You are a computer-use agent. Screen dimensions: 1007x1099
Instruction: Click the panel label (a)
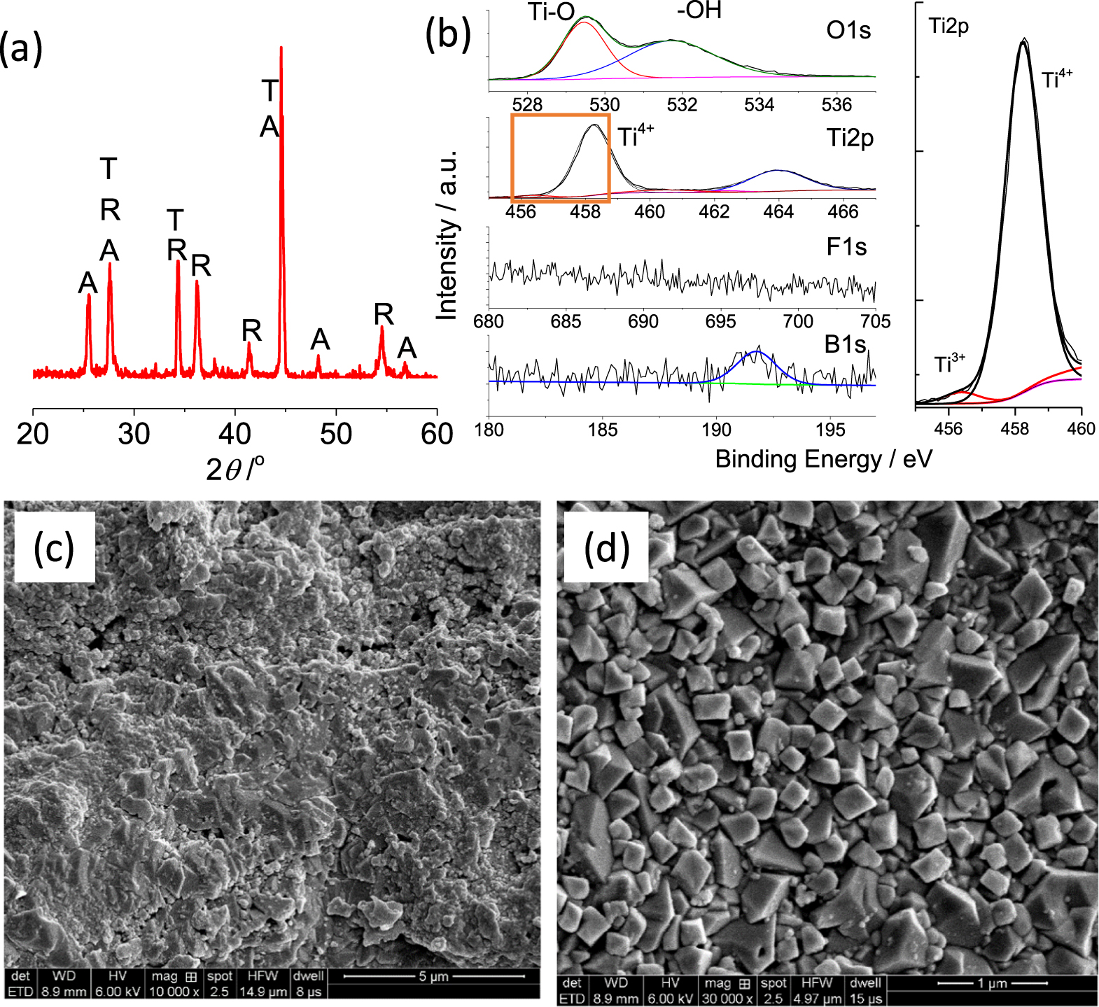[x=21, y=49]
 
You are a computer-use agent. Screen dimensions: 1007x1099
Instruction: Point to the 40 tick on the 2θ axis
[x=234, y=435]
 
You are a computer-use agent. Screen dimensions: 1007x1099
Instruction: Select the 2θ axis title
[x=235, y=468]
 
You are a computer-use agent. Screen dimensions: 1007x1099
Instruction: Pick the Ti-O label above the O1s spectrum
[x=552, y=12]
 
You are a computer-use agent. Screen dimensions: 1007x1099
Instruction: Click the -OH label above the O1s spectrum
[x=699, y=10]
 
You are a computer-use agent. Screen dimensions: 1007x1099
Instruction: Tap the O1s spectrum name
[x=848, y=30]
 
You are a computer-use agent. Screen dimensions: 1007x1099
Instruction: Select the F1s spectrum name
[x=846, y=247]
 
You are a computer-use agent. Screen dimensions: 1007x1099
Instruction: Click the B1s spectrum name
[x=846, y=344]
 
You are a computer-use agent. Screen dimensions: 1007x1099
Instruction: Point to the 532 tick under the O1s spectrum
[x=682, y=105]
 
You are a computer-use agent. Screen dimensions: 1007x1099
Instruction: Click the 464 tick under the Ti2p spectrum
[x=778, y=211]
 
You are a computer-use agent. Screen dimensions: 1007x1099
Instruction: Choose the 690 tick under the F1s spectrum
[x=643, y=321]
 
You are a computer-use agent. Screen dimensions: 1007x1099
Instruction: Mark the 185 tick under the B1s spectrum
[x=603, y=430]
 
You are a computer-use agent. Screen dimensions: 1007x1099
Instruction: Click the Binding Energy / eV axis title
[x=823, y=459]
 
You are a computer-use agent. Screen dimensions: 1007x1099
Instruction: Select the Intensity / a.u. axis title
[x=447, y=234]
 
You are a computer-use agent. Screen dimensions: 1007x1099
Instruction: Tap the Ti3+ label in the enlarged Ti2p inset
[x=949, y=364]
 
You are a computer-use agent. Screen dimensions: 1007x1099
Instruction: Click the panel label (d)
[x=606, y=547]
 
